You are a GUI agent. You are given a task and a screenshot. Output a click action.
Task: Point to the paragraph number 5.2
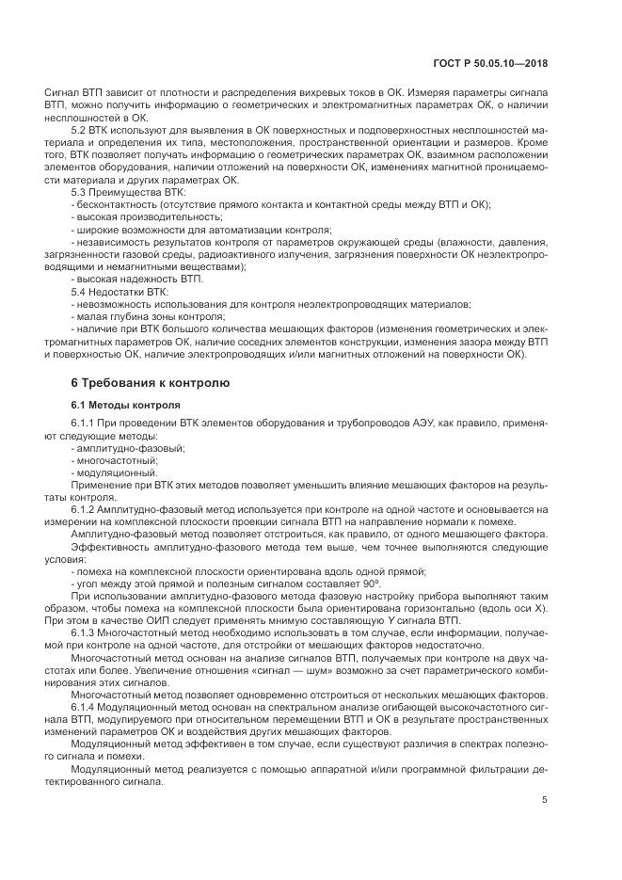pyautogui.click(x=80, y=129)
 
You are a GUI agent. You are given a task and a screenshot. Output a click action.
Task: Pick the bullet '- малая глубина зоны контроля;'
pyautogui.click(x=137, y=316)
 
